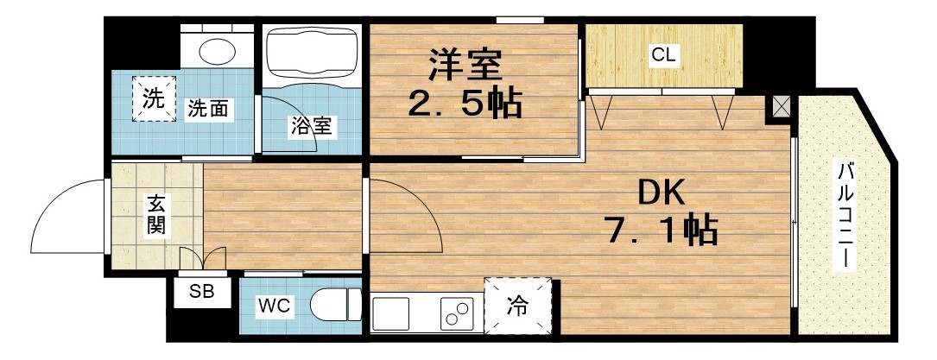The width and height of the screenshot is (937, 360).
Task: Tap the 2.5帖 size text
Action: click(x=464, y=104)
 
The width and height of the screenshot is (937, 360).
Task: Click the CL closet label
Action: click(x=663, y=56)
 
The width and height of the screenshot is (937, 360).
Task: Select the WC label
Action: click(x=275, y=306)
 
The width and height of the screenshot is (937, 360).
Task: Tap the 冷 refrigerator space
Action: click(x=517, y=305)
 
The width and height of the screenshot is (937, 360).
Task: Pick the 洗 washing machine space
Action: click(x=153, y=98)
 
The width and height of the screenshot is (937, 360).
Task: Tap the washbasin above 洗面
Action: click(x=218, y=49)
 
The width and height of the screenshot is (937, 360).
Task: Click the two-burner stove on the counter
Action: click(x=457, y=313)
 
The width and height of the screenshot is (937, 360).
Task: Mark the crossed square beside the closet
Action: click(x=781, y=107)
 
